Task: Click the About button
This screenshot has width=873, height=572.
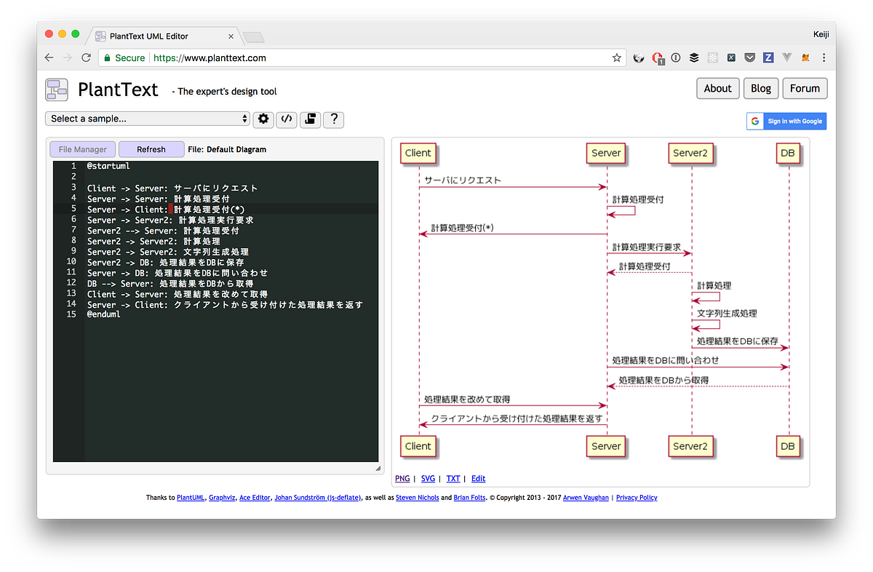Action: (717, 89)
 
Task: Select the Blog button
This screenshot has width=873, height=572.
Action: (761, 89)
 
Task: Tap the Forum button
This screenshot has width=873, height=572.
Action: (805, 89)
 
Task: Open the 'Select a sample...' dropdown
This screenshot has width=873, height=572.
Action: (148, 119)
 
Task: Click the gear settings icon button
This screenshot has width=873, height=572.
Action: (263, 119)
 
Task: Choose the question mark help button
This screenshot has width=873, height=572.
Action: (333, 119)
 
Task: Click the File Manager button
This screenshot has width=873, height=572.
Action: (83, 149)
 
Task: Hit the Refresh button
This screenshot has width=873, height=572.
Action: (151, 149)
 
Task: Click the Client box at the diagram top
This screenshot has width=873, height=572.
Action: (418, 153)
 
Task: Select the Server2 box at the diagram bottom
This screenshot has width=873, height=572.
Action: (690, 446)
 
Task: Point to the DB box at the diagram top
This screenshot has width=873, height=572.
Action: (788, 153)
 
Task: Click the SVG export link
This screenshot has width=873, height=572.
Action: (428, 478)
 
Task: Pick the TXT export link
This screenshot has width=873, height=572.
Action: (453, 478)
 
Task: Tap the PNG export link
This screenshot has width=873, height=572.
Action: (402, 478)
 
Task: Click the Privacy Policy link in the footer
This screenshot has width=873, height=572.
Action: (637, 498)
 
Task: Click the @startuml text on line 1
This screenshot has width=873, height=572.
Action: (108, 166)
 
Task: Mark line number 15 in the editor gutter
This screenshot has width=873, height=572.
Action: (71, 314)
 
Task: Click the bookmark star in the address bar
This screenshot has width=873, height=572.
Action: (617, 57)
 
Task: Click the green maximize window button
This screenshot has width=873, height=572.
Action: (75, 33)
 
